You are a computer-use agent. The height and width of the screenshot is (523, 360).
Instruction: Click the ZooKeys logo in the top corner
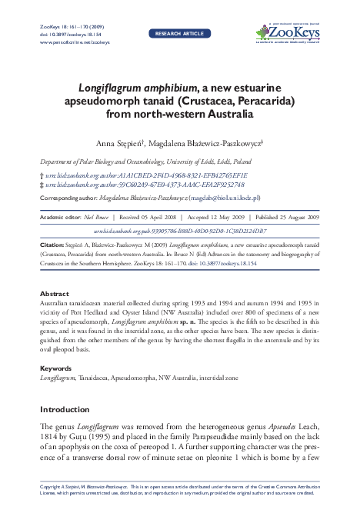coord(289,32)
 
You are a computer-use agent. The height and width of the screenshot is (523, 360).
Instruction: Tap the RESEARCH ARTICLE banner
coord(180,35)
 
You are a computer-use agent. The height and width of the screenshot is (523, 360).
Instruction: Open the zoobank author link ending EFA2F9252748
coord(145,185)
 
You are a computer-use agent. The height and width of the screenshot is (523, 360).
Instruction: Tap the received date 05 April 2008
coord(152,217)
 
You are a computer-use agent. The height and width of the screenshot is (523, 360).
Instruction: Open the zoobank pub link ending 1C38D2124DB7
coord(180,230)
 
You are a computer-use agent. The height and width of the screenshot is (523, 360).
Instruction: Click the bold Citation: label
coord(53,244)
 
